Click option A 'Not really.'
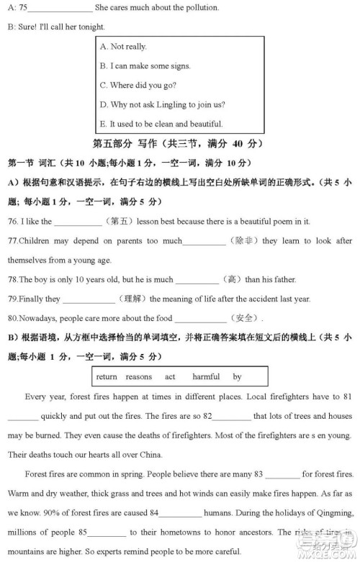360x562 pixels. (128, 47)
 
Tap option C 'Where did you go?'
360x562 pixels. (143, 86)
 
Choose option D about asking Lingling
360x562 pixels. (167, 105)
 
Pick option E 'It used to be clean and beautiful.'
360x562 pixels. (166, 124)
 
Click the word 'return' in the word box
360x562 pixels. (106, 376)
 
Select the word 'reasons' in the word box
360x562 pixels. (138, 376)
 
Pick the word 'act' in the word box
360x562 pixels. (170, 376)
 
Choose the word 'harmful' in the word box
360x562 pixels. (206, 376)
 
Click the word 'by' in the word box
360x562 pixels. (237, 376)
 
